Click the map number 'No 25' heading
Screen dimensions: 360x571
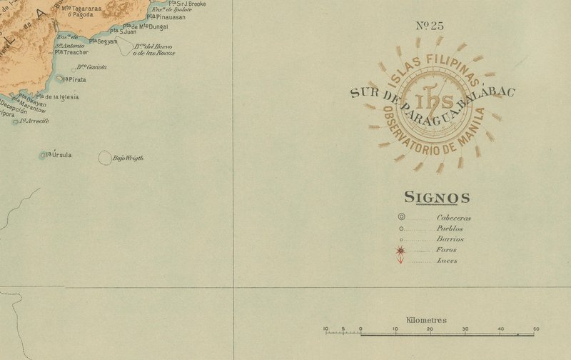click(429, 26)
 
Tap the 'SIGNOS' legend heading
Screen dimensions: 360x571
click(437, 198)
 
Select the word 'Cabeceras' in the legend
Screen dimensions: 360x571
click(454, 218)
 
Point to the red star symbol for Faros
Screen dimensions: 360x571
click(401, 250)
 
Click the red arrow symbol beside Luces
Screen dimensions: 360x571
click(401, 260)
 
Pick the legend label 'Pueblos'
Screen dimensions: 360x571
click(450, 229)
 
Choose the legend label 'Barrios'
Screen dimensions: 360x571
click(450, 239)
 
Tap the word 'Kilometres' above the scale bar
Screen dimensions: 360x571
click(426, 320)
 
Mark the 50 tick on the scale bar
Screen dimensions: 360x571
click(535, 329)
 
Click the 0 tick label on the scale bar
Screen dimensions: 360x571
click(360, 329)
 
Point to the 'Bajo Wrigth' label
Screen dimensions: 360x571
click(128, 158)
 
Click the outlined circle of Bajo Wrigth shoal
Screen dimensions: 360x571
click(105, 158)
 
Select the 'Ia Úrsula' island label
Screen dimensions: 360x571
click(59, 154)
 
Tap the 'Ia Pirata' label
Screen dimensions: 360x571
click(74, 79)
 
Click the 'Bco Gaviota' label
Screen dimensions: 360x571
click(92, 66)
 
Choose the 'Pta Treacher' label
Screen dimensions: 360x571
click(73, 52)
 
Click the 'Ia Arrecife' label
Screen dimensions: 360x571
click(34, 121)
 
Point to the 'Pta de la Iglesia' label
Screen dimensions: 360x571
click(57, 97)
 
